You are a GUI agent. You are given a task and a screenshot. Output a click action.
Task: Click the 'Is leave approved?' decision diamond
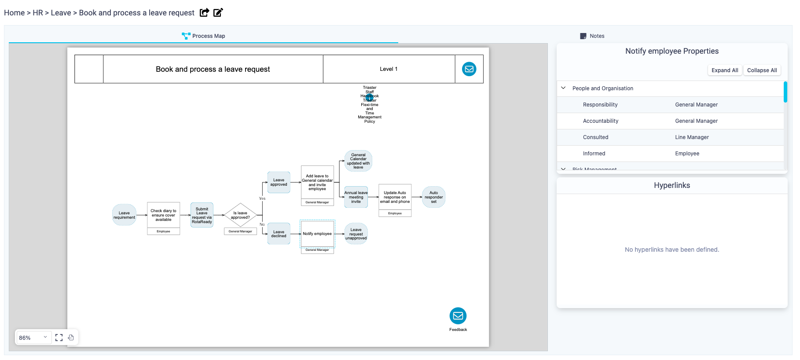click(x=240, y=215)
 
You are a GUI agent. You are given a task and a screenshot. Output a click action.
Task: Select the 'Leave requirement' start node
click(x=124, y=215)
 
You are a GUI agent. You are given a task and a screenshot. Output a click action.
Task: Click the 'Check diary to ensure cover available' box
click(x=163, y=215)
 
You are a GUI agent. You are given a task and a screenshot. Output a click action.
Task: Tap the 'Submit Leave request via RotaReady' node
click(x=202, y=215)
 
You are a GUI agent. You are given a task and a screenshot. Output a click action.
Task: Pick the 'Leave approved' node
click(x=279, y=182)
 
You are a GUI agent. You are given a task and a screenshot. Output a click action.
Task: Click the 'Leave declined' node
click(x=279, y=234)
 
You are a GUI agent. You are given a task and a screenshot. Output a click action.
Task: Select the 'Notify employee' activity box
click(x=317, y=234)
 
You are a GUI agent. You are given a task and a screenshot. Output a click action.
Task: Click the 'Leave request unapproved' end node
click(x=356, y=234)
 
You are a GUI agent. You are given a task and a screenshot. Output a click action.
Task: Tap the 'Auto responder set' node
click(x=433, y=197)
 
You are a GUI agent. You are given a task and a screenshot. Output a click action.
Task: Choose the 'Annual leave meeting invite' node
click(x=356, y=197)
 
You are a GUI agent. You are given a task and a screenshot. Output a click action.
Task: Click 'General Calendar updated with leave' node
click(x=358, y=161)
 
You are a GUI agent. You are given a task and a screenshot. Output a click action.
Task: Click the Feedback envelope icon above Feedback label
click(x=458, y=316)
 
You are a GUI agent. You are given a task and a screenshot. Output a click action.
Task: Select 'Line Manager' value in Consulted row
click(x=692, y=137)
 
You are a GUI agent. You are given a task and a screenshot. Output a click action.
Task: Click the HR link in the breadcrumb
click(x=38, y=13)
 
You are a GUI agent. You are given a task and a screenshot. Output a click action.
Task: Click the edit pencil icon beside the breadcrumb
click(x=218, y=12)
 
